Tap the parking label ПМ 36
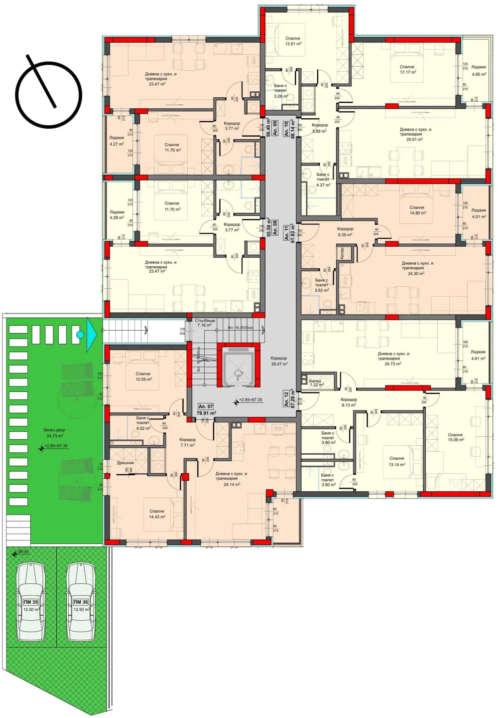click(x=81, y=602)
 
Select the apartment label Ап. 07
click(x=206, y=406)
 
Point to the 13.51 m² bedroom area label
click(x=293, y=41)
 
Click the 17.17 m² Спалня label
click(x=407, y=69)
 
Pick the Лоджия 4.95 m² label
click(x=479, y=70)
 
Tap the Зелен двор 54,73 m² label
click(x=54, y=433)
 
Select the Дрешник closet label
click(x=125, y=463)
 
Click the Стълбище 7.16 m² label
click(x=205, y=323)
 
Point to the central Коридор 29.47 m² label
click(x=279, y=361)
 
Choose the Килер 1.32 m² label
click(x=316, y=383)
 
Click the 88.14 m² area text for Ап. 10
click(x=293, y=128)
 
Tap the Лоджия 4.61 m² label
click(x=478, y=355)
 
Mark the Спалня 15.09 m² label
click(x=455, y=437)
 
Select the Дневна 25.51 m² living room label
click(x=415, y=134)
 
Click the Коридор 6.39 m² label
click(x=345, y=232)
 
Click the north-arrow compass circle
click(x=48, y=95)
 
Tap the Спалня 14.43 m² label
click(x=157, y=514)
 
